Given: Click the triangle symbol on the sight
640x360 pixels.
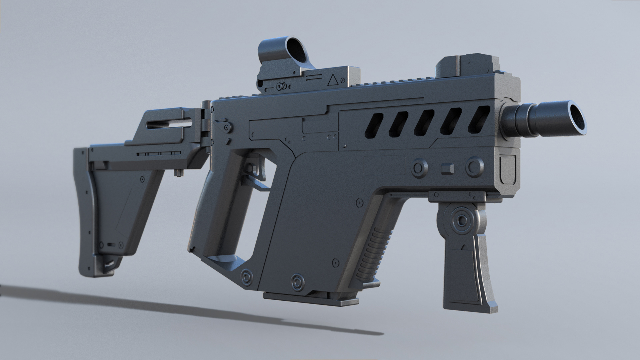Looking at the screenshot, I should point(332,80).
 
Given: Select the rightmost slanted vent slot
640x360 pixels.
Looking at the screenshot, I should point(479,118).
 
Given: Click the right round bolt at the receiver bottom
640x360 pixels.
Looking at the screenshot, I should point(298,283).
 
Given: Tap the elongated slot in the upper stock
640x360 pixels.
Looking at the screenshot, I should point(170,124).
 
